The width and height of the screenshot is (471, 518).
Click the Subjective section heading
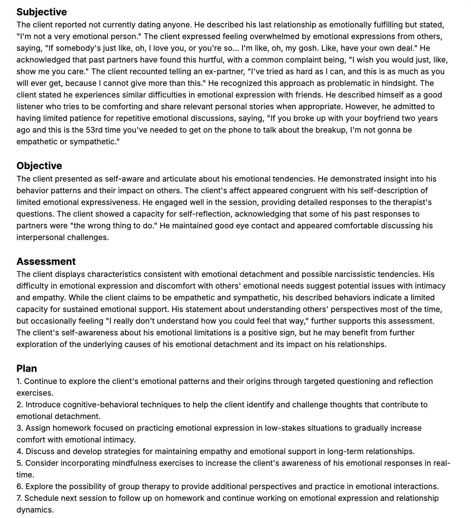[x=42, y=12]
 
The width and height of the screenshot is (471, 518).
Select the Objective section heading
[x=39, y=166]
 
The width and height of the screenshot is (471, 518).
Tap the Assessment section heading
[x=46, y=262]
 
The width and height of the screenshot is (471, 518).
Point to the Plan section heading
[x=27, y=369]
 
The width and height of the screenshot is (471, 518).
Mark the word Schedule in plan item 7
[x=41, y=498]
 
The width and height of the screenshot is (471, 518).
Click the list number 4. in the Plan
[x=20, y=452]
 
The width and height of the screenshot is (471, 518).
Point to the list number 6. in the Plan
[x=20, y=487]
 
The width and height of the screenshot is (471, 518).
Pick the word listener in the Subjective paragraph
[x=30, y=107]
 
